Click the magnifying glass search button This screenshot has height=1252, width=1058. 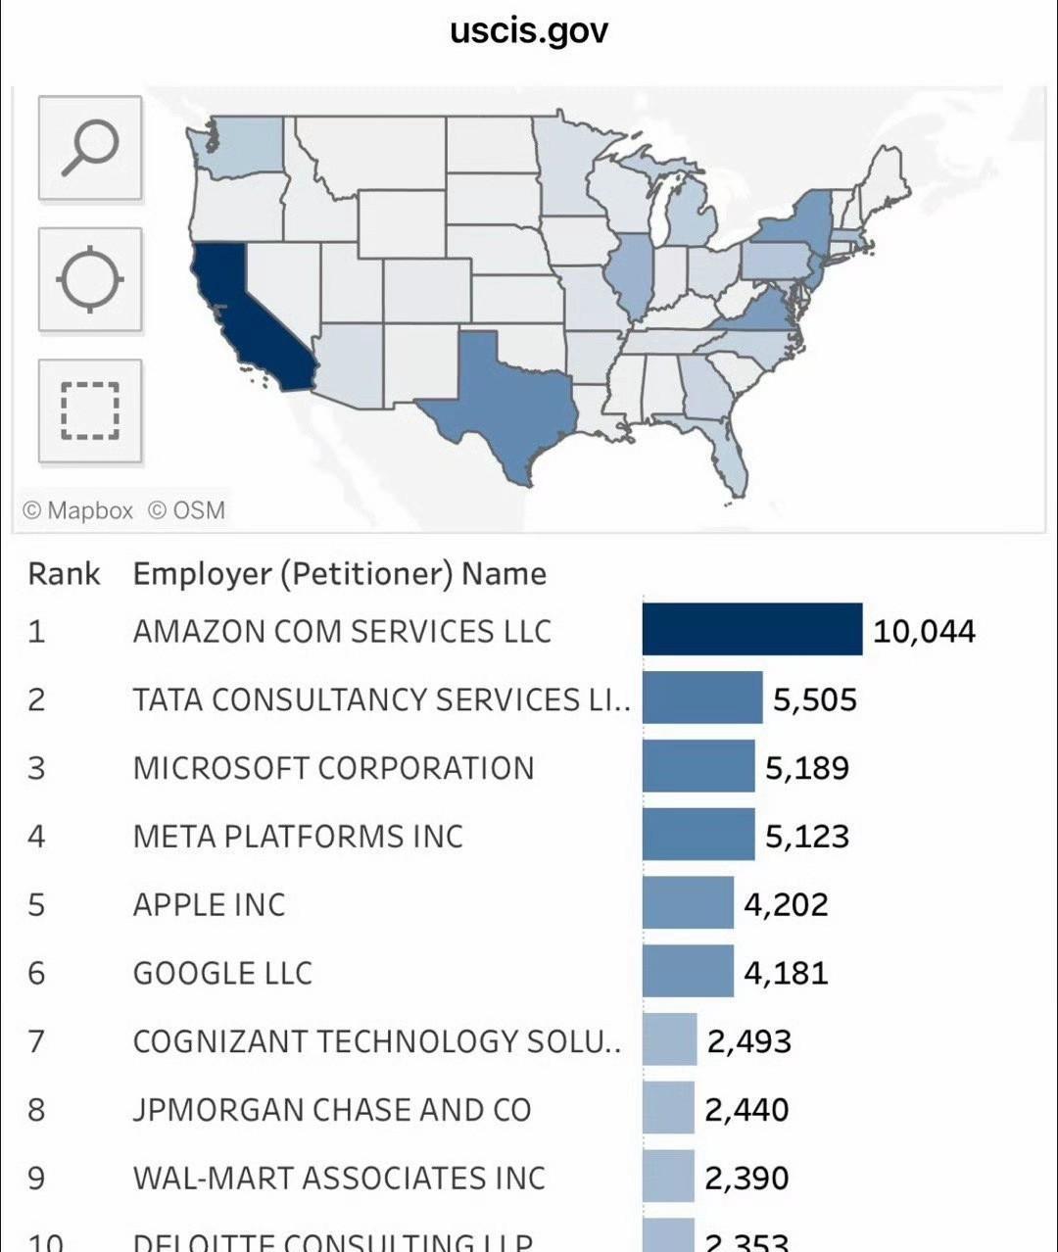[x=90, y=148]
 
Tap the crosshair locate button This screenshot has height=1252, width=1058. [x=90, y=279]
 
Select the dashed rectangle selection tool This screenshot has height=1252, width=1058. [x=90, y=410]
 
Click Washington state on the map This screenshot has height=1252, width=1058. [x=245, y=147]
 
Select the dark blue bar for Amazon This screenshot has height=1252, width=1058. [x=752, y=629]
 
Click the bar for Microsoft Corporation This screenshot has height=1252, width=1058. [x=698, y=766]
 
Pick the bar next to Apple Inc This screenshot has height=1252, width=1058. [x=688, y=902]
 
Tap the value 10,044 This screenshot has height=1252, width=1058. [x=924, y=631]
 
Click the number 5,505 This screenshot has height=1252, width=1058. [x=814, y=699]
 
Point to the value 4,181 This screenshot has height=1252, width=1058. [x=786, y=973]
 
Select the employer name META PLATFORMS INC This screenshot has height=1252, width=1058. [x=298, y=836]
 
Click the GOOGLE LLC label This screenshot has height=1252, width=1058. [x=222, y=973]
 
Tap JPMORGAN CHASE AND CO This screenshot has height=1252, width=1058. [x=332, y=1109]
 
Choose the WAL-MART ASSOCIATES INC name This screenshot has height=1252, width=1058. [x=339, y=1178]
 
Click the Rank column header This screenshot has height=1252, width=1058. [x=64, y=574]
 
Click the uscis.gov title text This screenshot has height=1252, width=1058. [x=529, y=30]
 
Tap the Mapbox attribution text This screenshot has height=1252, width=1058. [x=77, y=510]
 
